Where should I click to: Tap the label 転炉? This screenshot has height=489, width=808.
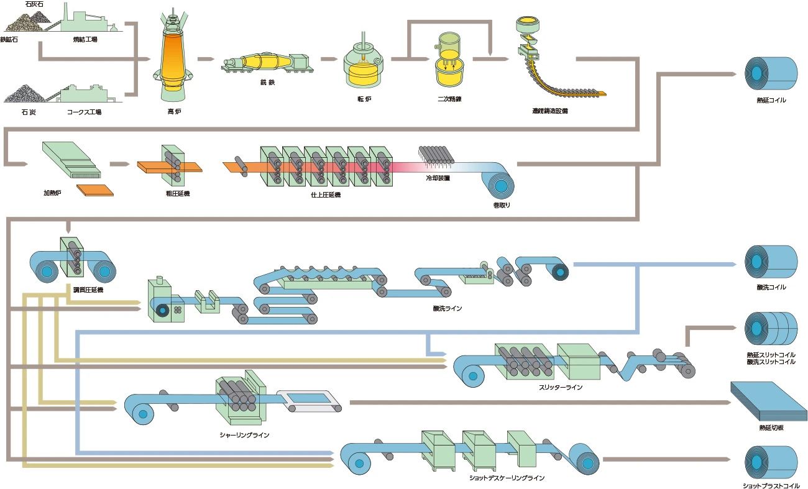pos(364,99)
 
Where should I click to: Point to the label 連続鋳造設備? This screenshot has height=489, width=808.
pos(549,111)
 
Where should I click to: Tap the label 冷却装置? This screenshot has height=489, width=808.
pos(438,178)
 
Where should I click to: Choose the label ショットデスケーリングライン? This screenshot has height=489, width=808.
pos(507,478)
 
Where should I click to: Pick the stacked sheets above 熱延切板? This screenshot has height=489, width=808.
pos(768,401)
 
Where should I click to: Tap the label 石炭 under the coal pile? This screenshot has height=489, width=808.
pos(29,112)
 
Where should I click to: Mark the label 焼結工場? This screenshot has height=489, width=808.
pos(85,40)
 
